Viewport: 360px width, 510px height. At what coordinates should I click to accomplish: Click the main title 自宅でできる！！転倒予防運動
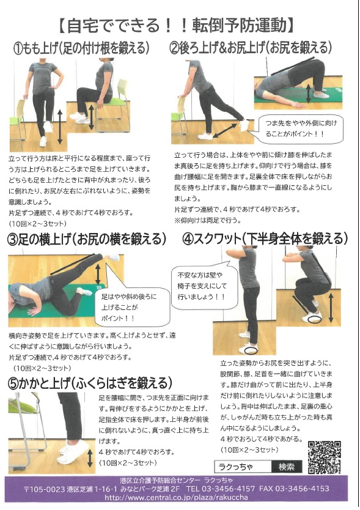coord(176,26)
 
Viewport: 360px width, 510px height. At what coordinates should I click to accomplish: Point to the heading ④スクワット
coord(211,239)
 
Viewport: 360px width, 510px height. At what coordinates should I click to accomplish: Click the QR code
coord(324,457)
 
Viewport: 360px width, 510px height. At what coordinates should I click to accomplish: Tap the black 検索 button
coord(287,467)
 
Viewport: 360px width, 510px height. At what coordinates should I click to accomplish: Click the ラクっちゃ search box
coord(243,467)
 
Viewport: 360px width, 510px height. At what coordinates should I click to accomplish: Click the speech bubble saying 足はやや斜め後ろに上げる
coord(131,307)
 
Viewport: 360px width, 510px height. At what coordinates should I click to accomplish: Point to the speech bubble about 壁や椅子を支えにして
coord(204,286)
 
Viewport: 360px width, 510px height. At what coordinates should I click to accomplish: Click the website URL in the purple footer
coord(176,497)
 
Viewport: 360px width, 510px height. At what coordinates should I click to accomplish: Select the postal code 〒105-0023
coord(45,489)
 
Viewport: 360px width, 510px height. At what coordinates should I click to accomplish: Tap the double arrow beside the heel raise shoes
coord(90,459)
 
